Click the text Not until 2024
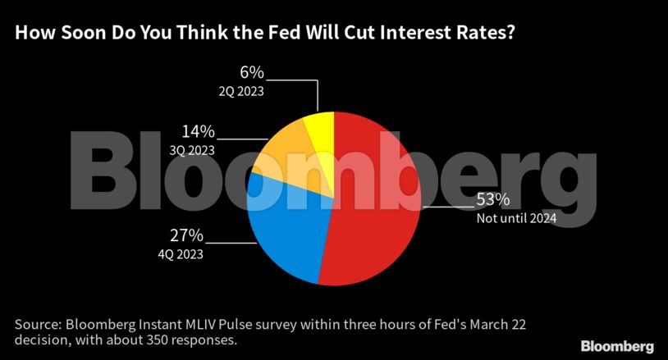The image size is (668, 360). click(517, 218)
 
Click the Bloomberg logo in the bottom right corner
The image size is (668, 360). click(617, 345)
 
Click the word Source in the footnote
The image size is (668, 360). click(37, 325)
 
